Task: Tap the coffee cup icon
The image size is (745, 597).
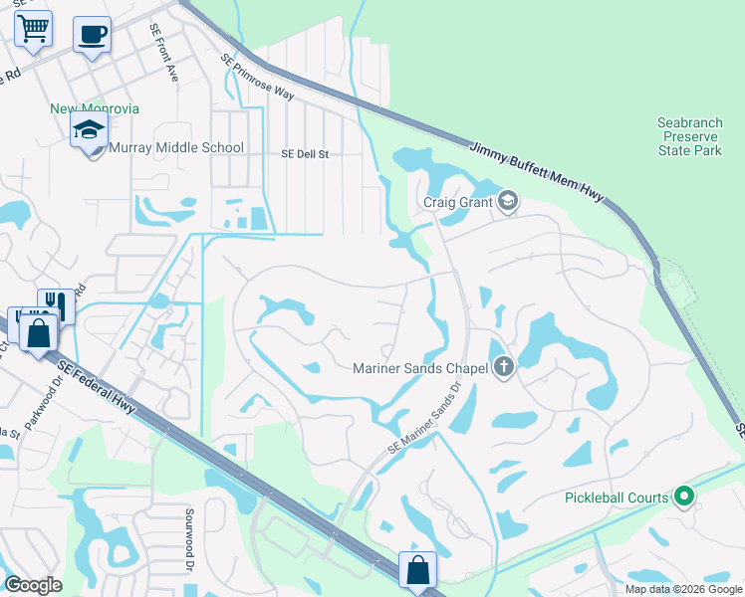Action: coord(92,35)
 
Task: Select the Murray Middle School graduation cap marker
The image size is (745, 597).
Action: coord(89,129)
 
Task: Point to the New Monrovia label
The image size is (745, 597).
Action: coord(96,108)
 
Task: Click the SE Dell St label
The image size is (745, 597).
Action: coord(304,155)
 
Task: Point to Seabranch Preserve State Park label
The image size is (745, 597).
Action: coord(689,136)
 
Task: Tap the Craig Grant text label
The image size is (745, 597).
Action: coord(457,202)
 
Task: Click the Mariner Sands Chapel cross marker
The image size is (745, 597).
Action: coord(504,368)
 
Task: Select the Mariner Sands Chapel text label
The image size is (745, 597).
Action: coord(419,369)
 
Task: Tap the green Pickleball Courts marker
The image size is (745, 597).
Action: coord(683,495)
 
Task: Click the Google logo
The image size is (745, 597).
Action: coord(34,585)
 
